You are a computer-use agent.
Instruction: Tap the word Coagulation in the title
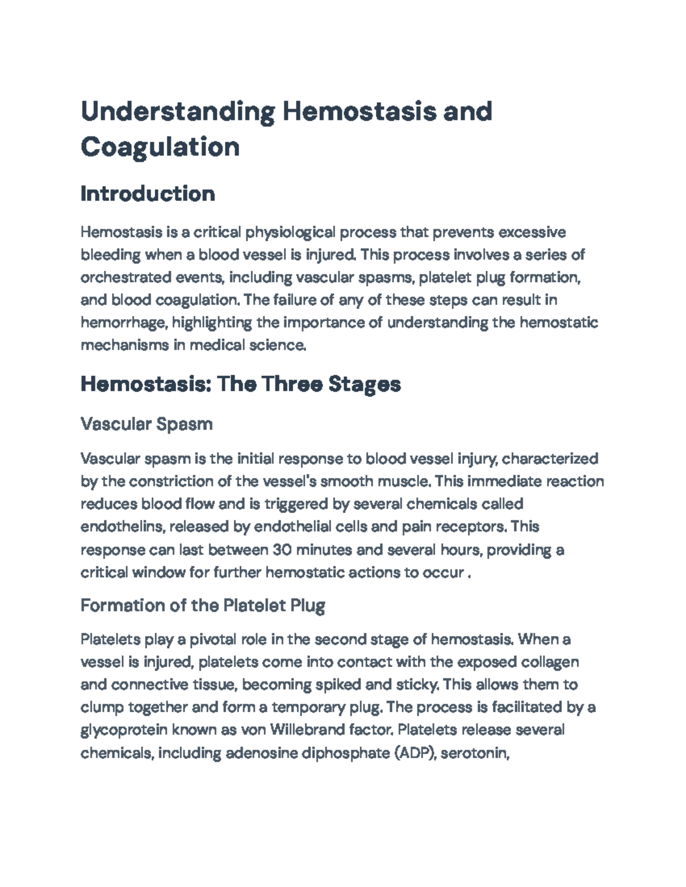[x=160, y=147]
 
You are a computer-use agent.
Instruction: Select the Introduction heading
[x=147, y=194]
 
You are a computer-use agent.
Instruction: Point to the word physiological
[x=290, y=232]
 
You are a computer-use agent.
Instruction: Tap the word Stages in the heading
[x=364, y=384]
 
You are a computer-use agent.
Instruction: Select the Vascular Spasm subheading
[x=146, y=424]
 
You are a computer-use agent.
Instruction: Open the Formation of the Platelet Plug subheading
[x=203, y=605]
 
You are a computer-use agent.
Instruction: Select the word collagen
[x=551, y=662]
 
